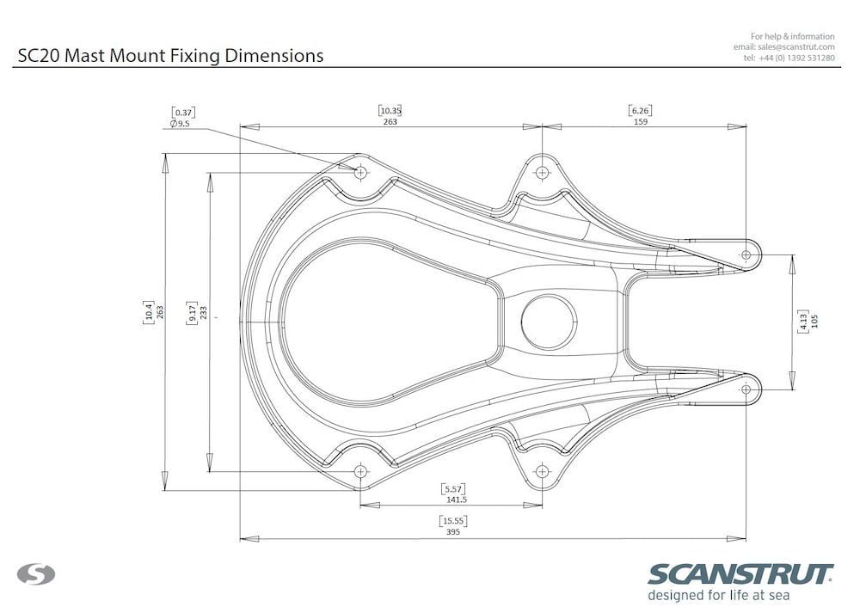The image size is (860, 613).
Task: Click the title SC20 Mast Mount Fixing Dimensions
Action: click(x=170, y=56)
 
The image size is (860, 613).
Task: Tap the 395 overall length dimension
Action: click(x=453, y=532)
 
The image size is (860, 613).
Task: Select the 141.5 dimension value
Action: click(x=456, y=500)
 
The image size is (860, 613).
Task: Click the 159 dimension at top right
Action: click(x=640, y=122)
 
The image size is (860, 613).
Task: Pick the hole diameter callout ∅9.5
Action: click(x=181, y=124)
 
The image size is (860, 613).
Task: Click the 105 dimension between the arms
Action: click(x=814, y=322)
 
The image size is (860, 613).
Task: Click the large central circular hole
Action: click(x=549, y=322)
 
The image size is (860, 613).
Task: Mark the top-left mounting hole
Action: click(x=360, y=172)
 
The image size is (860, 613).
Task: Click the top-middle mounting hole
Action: click(x=541, y=172)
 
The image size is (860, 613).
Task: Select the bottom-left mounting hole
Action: click(x=360, y=471)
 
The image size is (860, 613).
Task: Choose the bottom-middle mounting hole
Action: click(x=541, y=471)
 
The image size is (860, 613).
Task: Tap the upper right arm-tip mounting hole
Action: click(x=746, y=254)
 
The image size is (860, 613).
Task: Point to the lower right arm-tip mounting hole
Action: click(x=746, y=389)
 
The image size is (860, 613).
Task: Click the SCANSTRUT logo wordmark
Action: click(x=740, y=573)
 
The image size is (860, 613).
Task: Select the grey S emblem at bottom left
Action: click(x=36, y=573)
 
